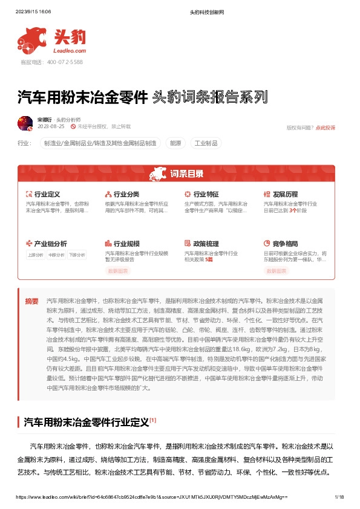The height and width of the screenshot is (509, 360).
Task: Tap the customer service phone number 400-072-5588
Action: point(65,62)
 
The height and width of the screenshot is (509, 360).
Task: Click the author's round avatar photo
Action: point(25,123)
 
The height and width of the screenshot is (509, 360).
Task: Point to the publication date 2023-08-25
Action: point(50,127)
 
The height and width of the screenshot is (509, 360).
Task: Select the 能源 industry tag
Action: point(175,143)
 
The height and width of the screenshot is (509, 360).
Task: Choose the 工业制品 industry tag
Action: point(205,143)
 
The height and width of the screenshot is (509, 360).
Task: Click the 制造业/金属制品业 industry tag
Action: point(99,143)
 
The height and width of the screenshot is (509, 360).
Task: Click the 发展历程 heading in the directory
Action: point(285,195)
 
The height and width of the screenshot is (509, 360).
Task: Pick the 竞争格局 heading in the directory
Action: point(285,244)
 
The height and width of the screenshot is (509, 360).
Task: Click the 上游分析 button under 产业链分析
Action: point(36,255)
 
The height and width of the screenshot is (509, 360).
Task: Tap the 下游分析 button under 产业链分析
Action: point(77,255)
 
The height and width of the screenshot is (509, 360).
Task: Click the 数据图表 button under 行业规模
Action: point(118,271)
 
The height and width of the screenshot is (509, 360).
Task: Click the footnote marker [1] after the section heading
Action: point(153,419)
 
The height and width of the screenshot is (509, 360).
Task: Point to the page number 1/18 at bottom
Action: point(339,496)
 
